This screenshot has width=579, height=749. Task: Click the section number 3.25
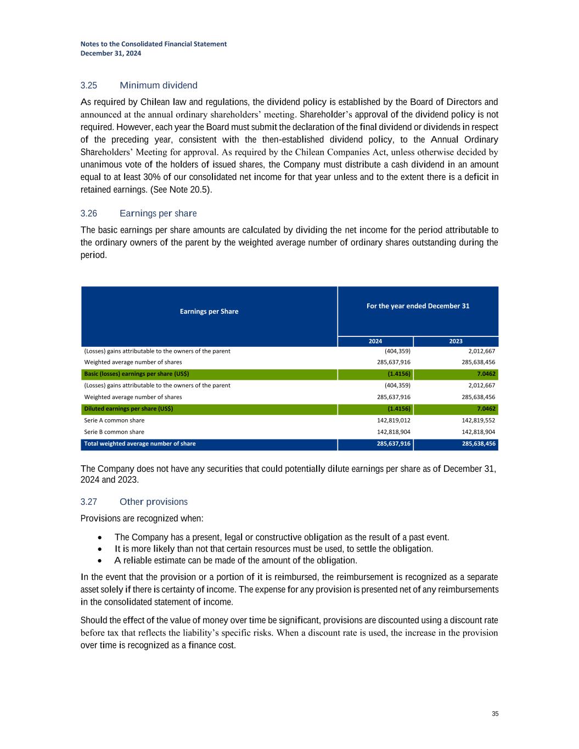coord(88,86)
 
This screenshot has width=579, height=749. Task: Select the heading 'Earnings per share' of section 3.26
coord(158,213)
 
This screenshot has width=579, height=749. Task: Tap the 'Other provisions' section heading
coord(153,502)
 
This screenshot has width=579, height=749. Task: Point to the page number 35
coord(495,714)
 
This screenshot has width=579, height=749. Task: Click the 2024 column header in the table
coord(375,341)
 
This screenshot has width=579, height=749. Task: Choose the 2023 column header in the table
coord(456,341)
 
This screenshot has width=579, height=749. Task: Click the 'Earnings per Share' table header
coord(209,312)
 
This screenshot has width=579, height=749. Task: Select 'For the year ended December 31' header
coord(418,306)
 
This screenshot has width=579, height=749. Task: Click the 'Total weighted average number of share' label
coord(139,444)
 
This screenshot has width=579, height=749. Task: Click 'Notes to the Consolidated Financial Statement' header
coord(153,44)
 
